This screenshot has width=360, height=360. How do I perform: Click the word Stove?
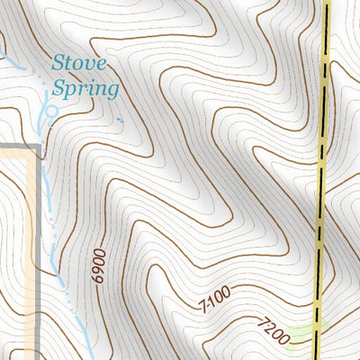click(79, 63)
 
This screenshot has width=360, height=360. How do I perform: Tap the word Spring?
click(85, 89)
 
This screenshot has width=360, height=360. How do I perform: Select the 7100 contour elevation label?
click(213, 299)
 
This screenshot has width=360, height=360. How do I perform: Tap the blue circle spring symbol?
click(50, 111)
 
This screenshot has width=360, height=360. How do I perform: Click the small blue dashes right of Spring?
click(120, 120)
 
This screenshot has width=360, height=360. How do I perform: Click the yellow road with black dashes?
click(323, 180)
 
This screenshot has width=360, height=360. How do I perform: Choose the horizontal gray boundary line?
click(18, 146)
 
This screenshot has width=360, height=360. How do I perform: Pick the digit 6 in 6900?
click(98, 282)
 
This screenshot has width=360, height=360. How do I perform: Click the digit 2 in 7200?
click(268, 328)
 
